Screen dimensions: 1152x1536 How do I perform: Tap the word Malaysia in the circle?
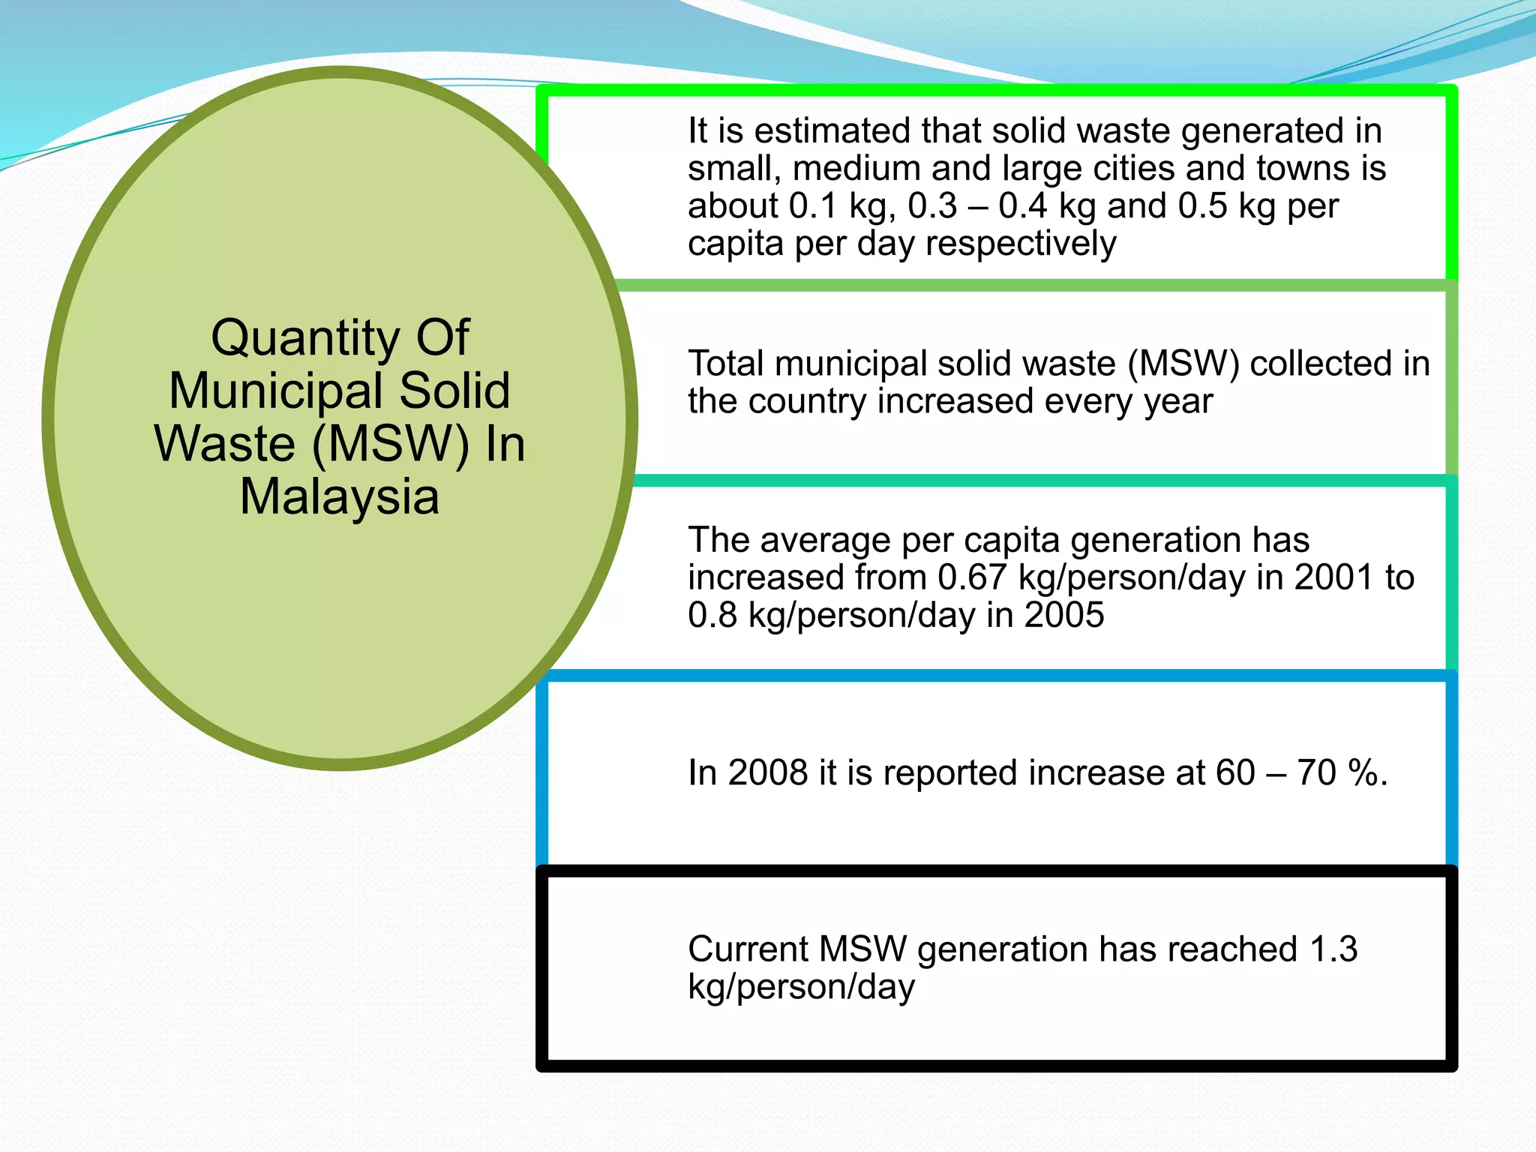(x=339, y=497)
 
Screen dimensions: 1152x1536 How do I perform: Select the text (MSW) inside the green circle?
(x=390, y=444)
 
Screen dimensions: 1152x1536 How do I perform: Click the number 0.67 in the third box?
(x=971, y=578)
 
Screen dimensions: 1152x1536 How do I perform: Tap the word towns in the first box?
(x=1303, y=169)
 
